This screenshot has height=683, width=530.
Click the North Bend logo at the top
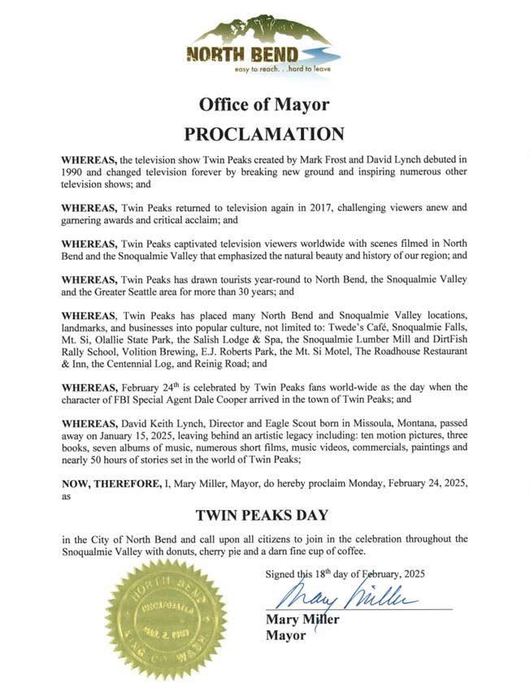(x=264, y=45)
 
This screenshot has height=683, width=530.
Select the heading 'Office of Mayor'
(x=264, y=105)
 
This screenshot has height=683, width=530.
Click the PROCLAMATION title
(x=264, y=133)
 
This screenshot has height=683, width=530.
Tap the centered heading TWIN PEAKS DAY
(x=264, y=514)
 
